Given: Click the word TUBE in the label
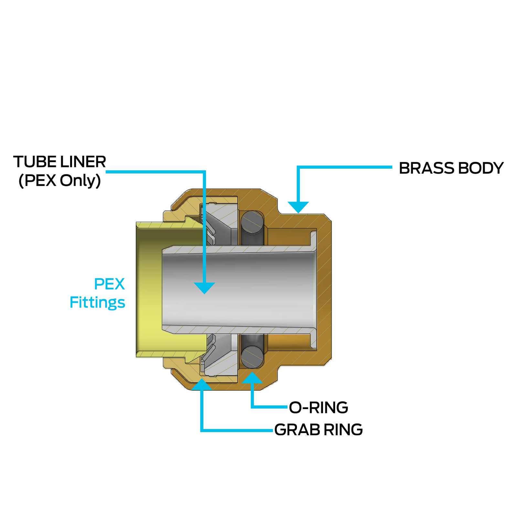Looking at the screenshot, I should click(34, 162).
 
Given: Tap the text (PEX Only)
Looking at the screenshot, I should click(60, 180).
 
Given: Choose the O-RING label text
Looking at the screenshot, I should click(318, 407).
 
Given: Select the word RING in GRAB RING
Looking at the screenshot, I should click(343, 430).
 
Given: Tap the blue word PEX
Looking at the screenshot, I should click(109, 284).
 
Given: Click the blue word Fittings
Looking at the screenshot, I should click(97, 303).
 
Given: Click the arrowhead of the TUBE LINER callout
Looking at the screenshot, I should click(205, 288).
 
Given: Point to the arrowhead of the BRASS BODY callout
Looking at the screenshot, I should click(298, 207).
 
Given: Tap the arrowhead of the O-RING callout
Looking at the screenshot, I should click(252, 378).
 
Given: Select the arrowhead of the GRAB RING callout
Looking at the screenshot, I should click(202, 384).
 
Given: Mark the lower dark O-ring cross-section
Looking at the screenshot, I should click(252, 357).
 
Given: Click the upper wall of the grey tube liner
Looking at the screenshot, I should click(239, 249).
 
